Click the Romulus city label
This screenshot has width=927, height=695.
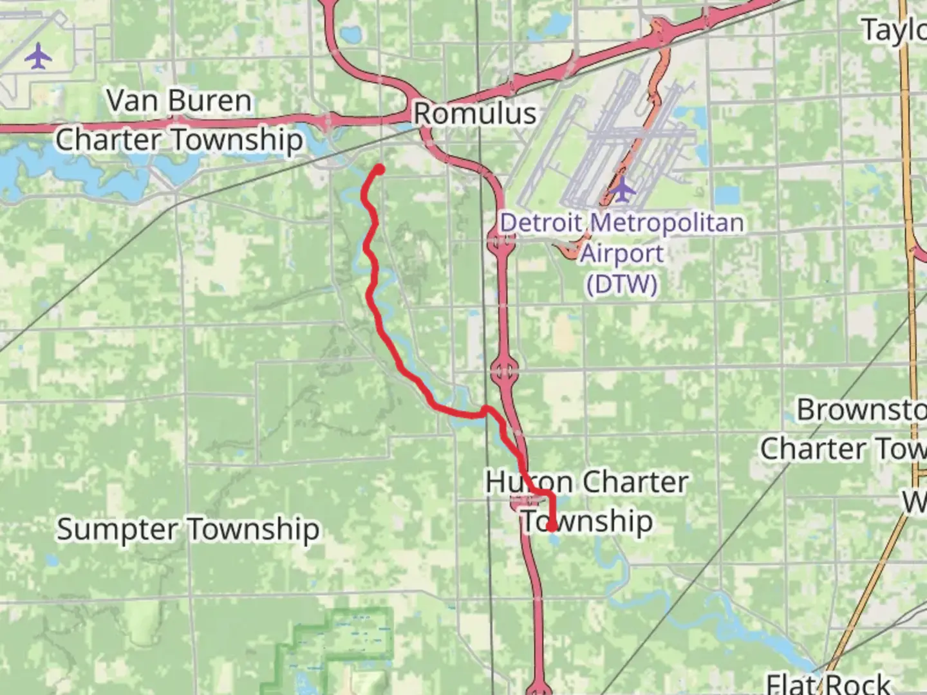pyautogui.click(x=474, y=114)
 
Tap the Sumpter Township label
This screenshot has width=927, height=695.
pyautogui.click(x=188, y=530)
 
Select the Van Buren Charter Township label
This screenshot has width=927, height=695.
pyautogui.click(x=179, y=120)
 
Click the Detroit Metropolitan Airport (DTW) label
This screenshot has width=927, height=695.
pyautogui.click(x=622, y=253)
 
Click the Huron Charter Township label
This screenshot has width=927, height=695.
pyautogui.click(x=586, y=501)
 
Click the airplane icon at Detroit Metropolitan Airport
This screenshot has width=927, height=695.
pyautogui.click(x=622, y=188)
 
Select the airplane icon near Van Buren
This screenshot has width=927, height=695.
pyautogui.click(x=39, y=56)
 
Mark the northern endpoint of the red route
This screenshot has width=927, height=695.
pyautogui.click(x=379, y=169)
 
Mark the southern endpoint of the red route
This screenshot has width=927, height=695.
pyautogui.click(x=552, y=527)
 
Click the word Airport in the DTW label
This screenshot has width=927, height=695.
pyautogui.click(x=622, y=254)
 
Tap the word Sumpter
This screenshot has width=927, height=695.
pyautogui.click(x=117, y=530)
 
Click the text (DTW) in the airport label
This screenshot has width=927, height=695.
pyautogui.click(x=622, y=284)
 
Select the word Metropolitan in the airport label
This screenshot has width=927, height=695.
pyautogui.click(x=667, y=223)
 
